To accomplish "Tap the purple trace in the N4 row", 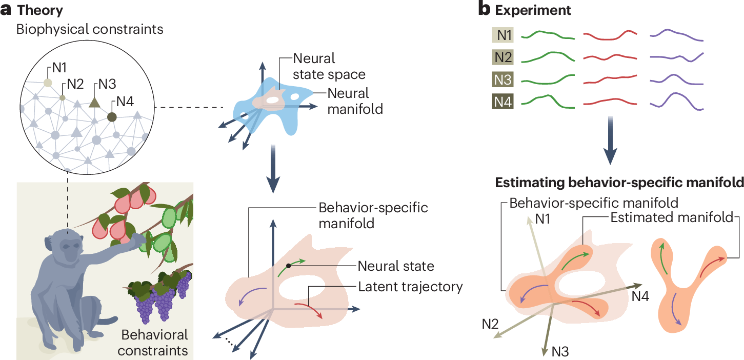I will tap(676, 101).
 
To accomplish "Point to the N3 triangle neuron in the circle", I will tap(94, 102).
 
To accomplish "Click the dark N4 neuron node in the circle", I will tap(112, 117).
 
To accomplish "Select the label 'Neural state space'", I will tap(329, 66).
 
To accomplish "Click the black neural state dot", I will tap(289, 265).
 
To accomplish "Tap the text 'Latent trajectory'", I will tap(411, 286).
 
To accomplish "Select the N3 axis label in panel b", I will tap(560, 351).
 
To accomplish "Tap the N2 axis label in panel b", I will tap(490, 324).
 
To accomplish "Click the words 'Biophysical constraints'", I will tap(90, 29).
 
